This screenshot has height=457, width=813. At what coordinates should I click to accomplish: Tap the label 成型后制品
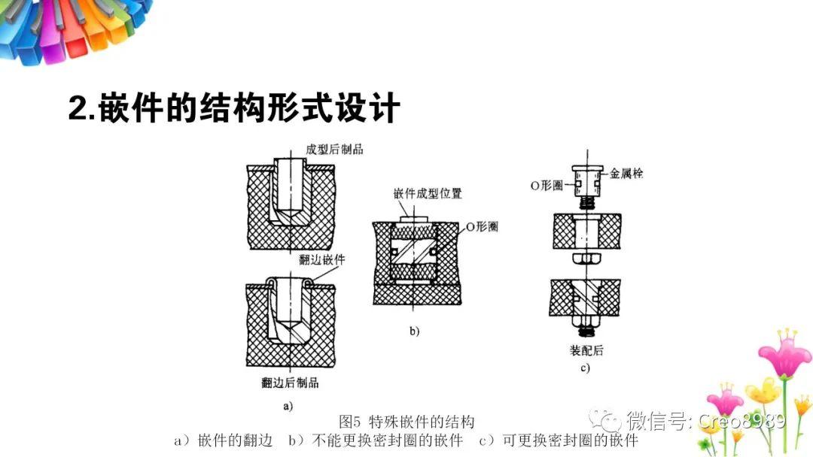pos(334,149)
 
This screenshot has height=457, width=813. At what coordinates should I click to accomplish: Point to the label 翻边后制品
pos(290,383)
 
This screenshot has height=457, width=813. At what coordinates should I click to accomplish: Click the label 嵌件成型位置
pos(428,193)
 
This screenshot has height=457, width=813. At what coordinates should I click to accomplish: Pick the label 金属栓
pos(626,174)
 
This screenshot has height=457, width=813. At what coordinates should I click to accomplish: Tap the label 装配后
pos(587,350)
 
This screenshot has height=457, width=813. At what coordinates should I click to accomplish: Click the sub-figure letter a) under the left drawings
pos(287,405)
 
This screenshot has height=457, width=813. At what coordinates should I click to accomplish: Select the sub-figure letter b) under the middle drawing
pos(414,331)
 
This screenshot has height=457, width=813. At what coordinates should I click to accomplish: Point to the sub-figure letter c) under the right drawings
pos(585,368)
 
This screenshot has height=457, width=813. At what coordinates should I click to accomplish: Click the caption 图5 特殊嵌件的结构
pos(407,421)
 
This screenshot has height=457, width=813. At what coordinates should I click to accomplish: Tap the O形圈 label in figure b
pos(480,226)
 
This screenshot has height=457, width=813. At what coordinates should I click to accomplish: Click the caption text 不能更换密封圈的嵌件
pos(388,440)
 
